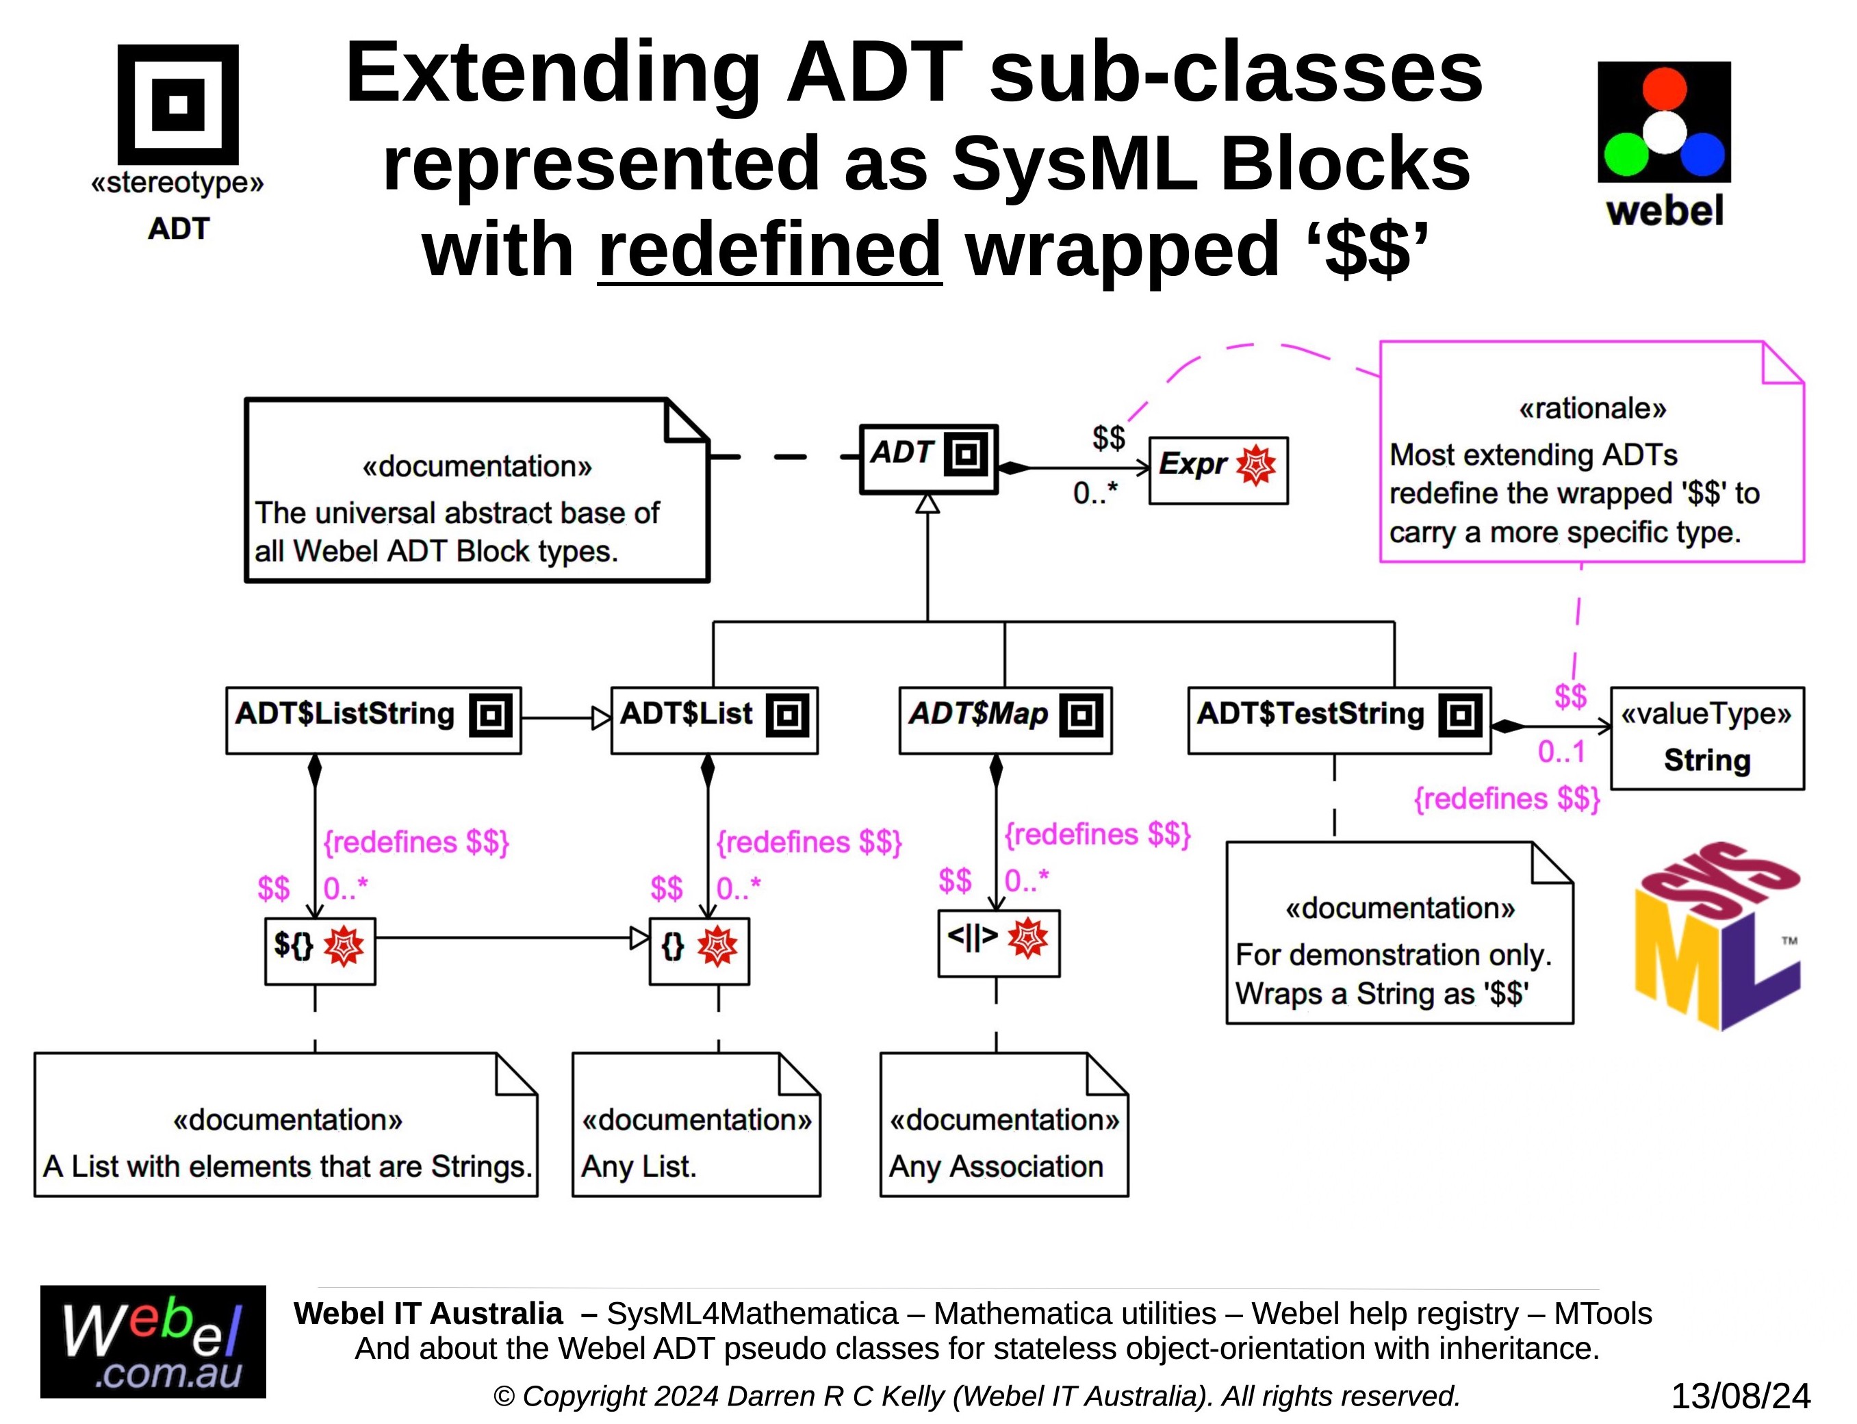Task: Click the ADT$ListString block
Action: tap(373, 720)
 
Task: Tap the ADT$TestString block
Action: tap(1338, 720)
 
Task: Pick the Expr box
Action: tap(1217, 470)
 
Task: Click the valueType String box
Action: tap(1706, 737)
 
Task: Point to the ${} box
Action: tap(320, 950)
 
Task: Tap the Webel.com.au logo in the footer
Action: tap(153, 1341)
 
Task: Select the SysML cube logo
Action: tap(1716, 937)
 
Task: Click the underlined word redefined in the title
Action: tap(769, 250)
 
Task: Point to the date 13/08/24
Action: tap(1740, 1396)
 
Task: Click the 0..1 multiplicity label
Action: tap(1561, 752)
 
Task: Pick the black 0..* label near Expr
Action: tap(1095, 492)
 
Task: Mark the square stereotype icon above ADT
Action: tap(178, 104)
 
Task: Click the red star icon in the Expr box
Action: tap(1255, 466)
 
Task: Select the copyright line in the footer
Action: tap(976, 1396)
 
